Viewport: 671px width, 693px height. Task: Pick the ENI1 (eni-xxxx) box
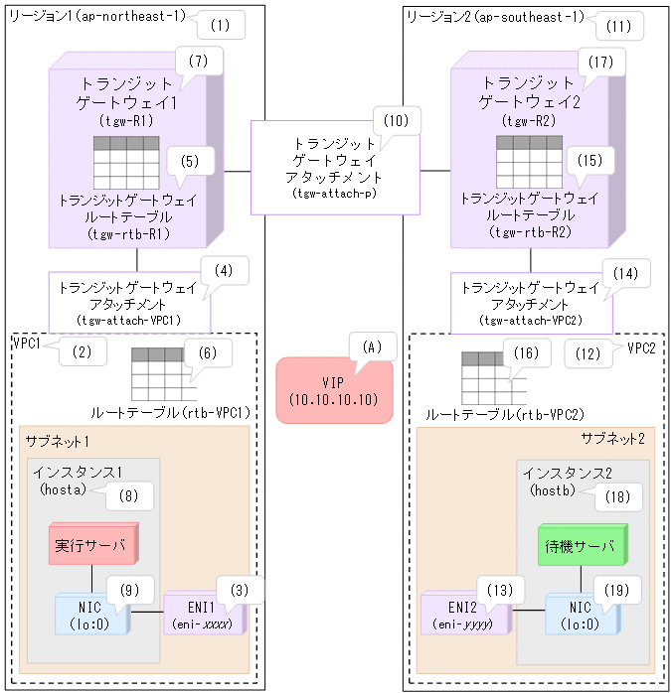coord(204,613)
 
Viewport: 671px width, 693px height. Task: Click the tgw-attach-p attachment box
coord(335,168)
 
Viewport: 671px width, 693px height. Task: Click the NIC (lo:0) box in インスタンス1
coord(93,613)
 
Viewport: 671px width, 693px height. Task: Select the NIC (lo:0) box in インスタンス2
coord(580,613)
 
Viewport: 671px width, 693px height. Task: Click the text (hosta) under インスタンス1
coord(61,489)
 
